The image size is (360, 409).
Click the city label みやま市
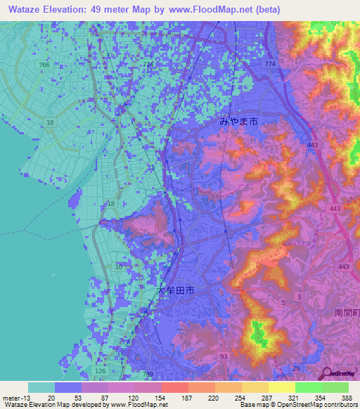(x=238, y=122)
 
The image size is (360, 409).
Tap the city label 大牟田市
(x=175, y=290)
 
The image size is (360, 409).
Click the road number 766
(x=45, y=65)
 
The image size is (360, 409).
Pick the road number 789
(x=147, y=375)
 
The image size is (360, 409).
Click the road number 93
(x=223, y=357)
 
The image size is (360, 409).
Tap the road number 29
(x=296, y=369)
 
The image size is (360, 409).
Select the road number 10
(x=118, y=266)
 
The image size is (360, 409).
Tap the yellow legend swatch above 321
(x=281, y=387)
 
